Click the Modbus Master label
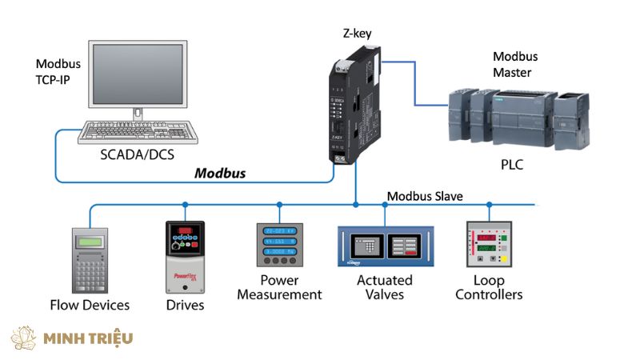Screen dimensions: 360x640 click(512, 65)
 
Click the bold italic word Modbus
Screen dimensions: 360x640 click(221, 173)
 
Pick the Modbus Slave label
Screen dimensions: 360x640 click(425, 196)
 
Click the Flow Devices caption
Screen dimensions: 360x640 click(90, 305)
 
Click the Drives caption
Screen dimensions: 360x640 click(185, 305)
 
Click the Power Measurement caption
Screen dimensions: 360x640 click(279, 287)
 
